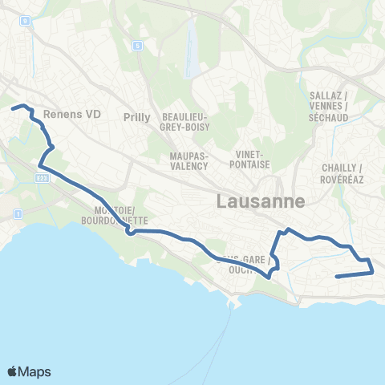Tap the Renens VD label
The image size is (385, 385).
pyautogui.click(x=71, y=115)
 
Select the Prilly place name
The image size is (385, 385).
pyautogui.click(x=137, y=117)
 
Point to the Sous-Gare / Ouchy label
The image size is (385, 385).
pyautogui.click(x=243, y=264)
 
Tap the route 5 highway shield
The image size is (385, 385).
pyautogui.click(x=138, y=47)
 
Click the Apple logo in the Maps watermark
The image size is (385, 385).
pyautogui.click(x=13, y=371)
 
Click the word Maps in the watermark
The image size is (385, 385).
pyautogui.click(x=35, y=371)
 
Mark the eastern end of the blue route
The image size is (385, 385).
pyautogui.click(x=336, y=277)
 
